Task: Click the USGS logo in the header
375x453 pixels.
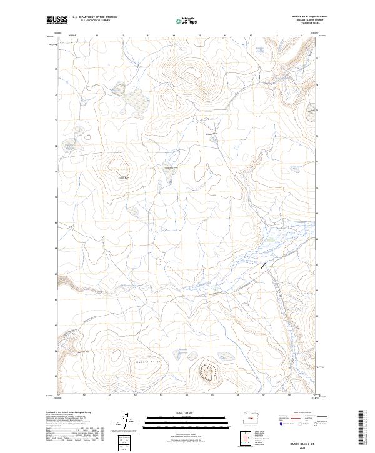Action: pos(57,20)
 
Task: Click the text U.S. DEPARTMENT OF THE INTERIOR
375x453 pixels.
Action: pos(94,17)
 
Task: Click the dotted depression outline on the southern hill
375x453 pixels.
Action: pos(207,372)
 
